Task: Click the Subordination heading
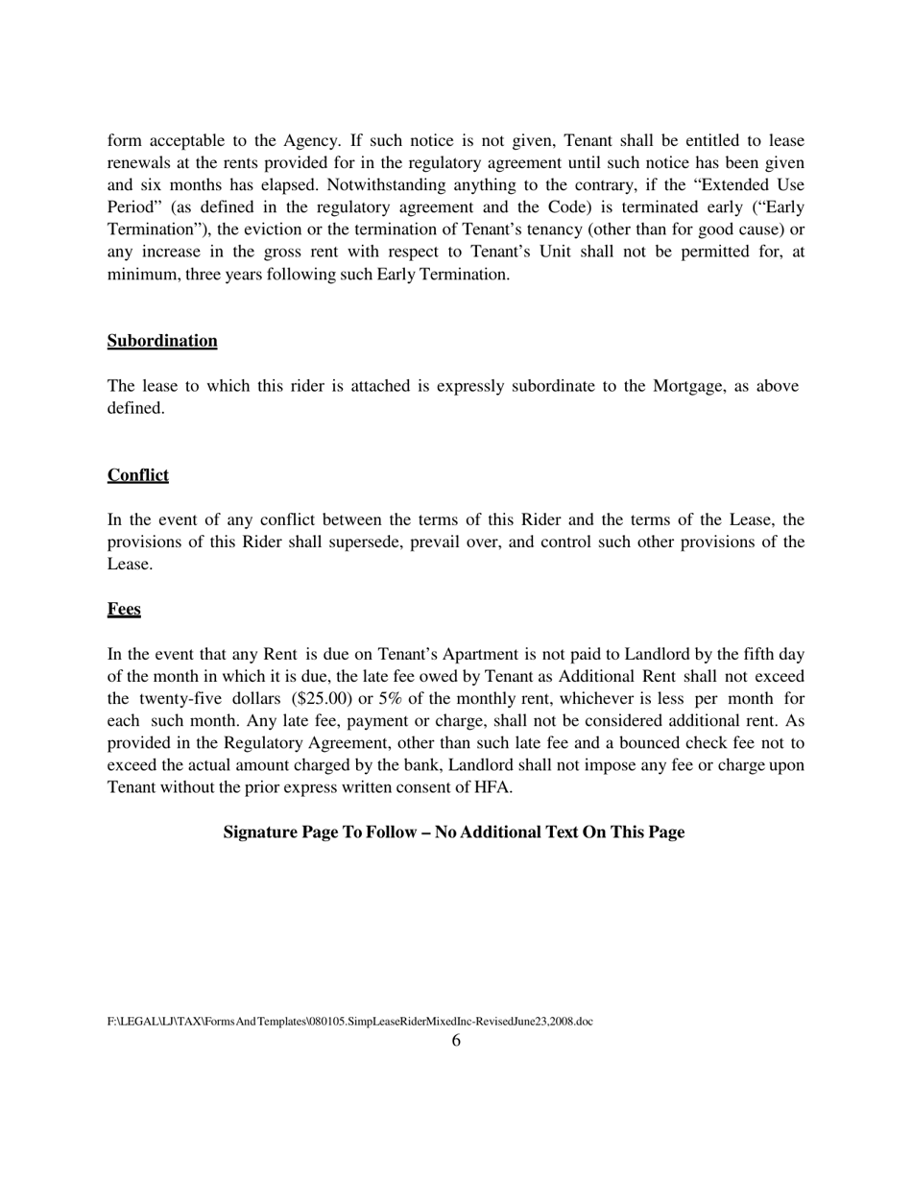[x=161, y=341]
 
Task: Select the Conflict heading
[x=137, y=475]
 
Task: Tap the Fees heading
[x=124, y=610]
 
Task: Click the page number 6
[x=456, y=1041]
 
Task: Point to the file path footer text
[x=349, y=1022]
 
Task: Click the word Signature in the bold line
[x=260, y=832]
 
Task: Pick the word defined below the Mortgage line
[x=134, y=408]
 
